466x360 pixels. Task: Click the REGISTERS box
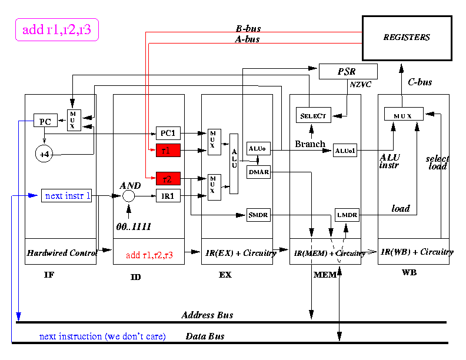coord(407,38)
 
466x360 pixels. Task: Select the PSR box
coord(348,71)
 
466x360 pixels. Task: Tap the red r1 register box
coord(168,151)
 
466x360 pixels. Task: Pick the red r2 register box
coord(168,178)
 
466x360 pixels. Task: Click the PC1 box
coord(168,133)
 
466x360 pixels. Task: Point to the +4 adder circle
coord(44,154)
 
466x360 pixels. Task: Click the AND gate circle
coord(129,196)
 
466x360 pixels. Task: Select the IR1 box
coord(168,196)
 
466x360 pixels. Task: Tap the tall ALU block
coord(234,164)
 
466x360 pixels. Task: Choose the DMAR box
coord(258,172)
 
